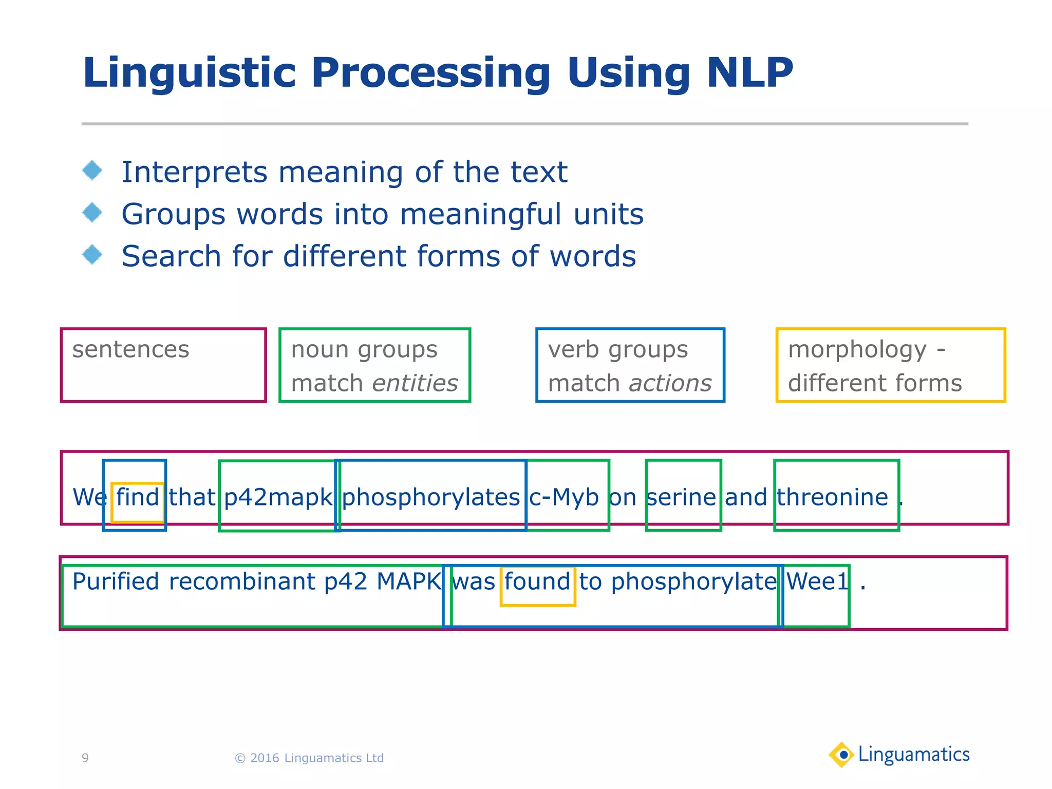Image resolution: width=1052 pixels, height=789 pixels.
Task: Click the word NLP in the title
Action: click(749, 73)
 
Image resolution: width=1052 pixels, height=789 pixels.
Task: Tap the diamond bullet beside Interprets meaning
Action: click(92, 171)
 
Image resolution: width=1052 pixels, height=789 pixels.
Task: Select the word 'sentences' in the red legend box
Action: click(130, 350)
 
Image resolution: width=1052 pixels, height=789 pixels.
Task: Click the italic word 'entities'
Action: click(415, 383)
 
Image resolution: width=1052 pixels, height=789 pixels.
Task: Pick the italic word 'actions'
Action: click(670, 383)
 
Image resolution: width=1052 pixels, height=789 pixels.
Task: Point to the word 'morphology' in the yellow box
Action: click(857, 350)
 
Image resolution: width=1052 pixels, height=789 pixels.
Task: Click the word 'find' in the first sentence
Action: click(137, 497)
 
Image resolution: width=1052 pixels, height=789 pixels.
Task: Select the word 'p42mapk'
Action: click(278, 497)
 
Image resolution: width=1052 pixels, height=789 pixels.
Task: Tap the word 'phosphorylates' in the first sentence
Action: click(431, 497)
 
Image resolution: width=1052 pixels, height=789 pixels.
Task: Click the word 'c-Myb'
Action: click(564, 497)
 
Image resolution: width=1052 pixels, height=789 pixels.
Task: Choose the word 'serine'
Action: click(681, 497)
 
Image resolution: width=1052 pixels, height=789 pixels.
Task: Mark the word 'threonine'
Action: click(832, 497)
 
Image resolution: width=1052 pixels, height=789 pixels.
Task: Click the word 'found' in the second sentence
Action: click(537, 582)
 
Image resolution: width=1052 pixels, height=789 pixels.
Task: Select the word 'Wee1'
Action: click(817, 582)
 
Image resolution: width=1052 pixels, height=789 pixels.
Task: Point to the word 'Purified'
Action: click(116, 582)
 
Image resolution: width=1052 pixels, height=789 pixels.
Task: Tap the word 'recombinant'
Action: click(242, 582)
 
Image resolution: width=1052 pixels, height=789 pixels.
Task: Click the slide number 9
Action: click(85, 758)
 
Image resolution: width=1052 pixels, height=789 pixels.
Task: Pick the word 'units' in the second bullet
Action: click(608, 214)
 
